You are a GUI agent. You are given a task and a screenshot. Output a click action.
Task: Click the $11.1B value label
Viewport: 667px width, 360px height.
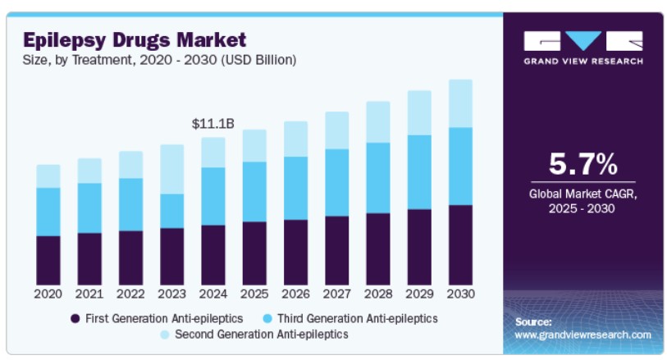click(213, 124)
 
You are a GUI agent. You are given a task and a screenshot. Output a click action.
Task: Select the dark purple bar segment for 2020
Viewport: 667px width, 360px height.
click(48, 260)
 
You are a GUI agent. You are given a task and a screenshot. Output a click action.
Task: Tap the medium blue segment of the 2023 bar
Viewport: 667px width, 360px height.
click(172, 211)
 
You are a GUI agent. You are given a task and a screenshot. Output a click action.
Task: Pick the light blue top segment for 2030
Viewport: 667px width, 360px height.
click(460, 103)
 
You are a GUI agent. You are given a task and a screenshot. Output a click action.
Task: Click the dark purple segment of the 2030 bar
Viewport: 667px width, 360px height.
click(460, 244)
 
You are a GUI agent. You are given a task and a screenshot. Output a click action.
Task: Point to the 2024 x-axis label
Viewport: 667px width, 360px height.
click(213, 294)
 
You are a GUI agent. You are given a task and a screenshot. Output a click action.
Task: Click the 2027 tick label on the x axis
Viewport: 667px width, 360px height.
click(336, 294)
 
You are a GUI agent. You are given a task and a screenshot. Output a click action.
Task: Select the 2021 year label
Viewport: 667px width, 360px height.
click(89, 294)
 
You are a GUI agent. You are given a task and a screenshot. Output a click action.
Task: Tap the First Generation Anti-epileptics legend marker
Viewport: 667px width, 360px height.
click(75, 317)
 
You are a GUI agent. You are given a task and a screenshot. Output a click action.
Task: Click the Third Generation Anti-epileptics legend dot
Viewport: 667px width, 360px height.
click(267, 317)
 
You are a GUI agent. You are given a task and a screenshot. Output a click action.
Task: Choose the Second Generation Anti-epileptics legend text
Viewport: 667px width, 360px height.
click(262, 335)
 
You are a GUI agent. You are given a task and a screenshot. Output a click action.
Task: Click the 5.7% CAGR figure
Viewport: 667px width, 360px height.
click(582, 165)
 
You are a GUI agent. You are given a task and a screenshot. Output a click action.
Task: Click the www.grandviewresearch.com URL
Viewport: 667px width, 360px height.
click(582, 335)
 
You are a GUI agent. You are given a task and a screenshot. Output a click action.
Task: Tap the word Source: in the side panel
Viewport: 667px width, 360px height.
click(533, 321)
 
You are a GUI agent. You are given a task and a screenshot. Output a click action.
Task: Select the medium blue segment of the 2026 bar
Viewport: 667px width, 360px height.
click(295, 188)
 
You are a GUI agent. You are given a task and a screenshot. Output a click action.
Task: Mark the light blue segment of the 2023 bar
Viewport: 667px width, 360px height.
click(172, 169)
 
